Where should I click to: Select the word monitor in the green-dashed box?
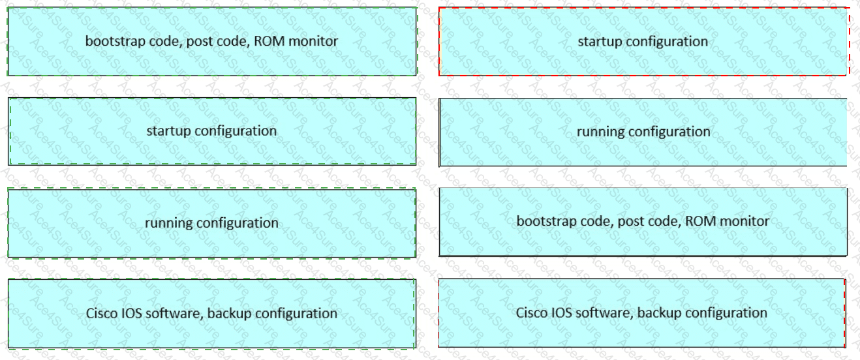313,41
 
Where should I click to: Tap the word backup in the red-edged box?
660,313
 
